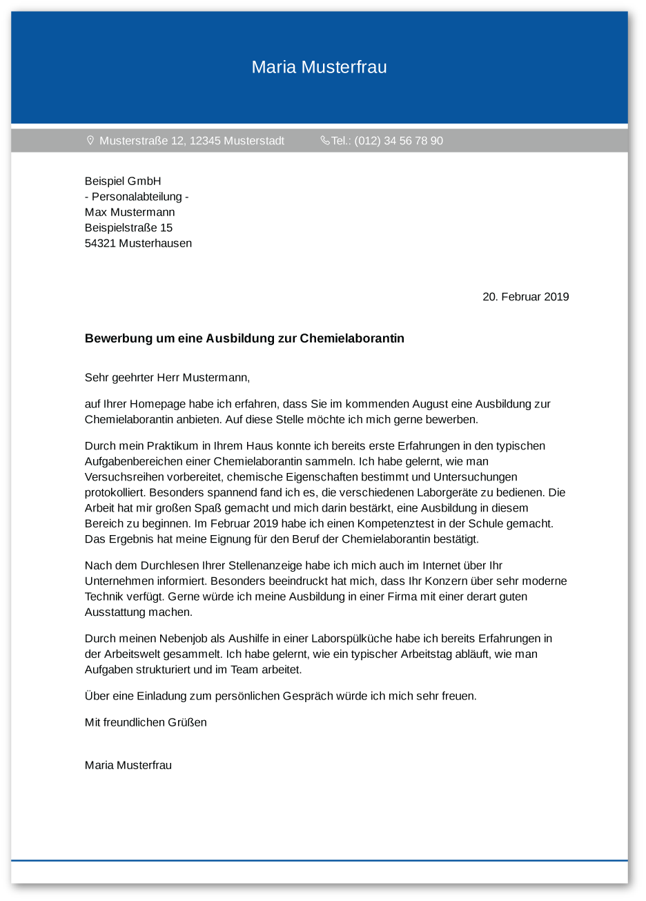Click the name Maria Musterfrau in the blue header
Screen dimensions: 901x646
319,67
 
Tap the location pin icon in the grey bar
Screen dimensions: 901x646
90,140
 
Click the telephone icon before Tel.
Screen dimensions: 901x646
325,140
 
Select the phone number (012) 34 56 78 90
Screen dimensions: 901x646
398,141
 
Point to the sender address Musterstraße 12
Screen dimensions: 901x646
142,141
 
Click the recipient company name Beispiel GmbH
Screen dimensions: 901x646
123,181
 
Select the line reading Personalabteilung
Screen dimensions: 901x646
137,197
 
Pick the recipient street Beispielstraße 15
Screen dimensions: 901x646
128,228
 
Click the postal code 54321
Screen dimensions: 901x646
100,243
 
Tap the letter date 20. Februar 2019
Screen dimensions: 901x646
525,297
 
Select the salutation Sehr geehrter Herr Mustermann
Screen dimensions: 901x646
167,378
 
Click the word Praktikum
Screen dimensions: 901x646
170,446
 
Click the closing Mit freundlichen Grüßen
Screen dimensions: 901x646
146,722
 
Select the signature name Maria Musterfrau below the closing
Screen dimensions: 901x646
128,765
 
